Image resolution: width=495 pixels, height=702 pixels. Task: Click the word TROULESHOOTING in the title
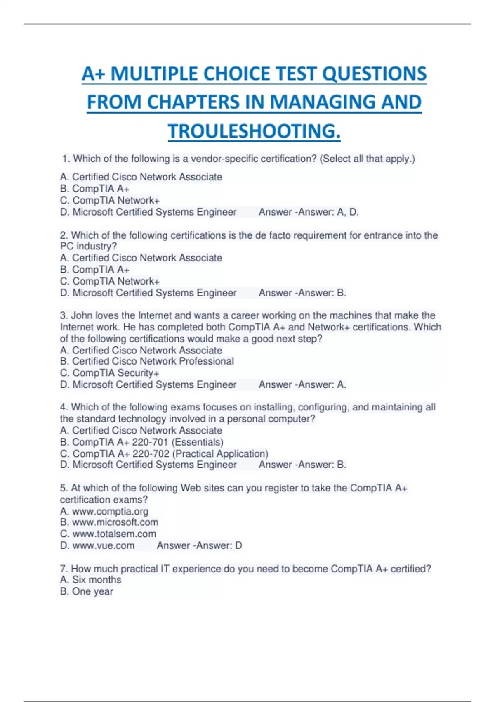pyautogui.click(x=254, y=131)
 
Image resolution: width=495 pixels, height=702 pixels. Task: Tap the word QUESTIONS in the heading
pyautogui.click(x=374, y=74)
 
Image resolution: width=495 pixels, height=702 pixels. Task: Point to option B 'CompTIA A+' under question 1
pyautogui.click(x=95, y=189)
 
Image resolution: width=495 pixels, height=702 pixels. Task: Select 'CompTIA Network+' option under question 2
pyautogui.click(x=110, y=281)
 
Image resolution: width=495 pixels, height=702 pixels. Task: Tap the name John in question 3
pyautogui.click(x=82, y=315)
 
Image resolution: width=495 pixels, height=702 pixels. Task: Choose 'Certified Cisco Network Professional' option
pyautogui.click(x=147, y=361)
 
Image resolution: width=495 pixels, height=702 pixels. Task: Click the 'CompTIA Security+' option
pyautogui.click(x=110, y=373)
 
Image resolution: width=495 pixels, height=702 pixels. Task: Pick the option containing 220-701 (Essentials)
pyautogui.click(x=142, y=442)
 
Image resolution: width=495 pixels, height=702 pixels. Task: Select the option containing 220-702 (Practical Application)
pyautogui.click(x=164, y=453)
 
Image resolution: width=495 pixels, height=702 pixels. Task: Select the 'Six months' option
pyautogui.click(x=91, y=580)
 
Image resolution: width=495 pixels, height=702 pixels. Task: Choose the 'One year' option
pyautogui.click(x=87, y=591)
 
